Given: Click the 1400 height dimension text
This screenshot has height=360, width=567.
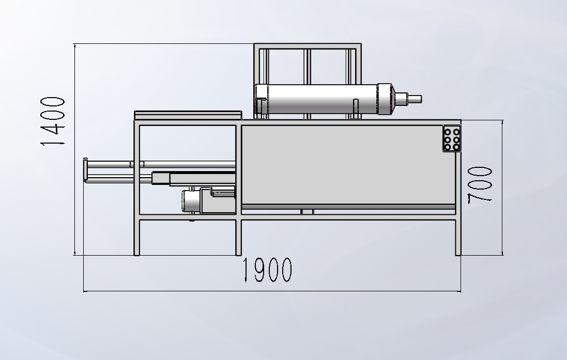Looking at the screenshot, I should tap(53, 121).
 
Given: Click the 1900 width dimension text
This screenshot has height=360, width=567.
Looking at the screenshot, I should tap(267, 270).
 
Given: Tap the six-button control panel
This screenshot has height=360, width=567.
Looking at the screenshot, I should tap(451, 139).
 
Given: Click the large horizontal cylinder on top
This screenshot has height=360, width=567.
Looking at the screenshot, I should tap(320, 99).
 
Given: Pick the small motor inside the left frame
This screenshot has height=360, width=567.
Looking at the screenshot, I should tap(192, 200).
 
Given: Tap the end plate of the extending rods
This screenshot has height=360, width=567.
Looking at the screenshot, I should tap(85, 170).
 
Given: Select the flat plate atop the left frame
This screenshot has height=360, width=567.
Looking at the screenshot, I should tap(188, 114).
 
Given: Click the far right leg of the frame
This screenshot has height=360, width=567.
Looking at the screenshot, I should tap(458, 237).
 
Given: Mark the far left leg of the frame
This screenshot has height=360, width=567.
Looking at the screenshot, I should tap(137, 237).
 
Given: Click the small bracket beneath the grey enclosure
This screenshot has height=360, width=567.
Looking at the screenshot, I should tap(307, 212).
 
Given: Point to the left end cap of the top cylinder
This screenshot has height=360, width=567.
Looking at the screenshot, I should tap(261, 99).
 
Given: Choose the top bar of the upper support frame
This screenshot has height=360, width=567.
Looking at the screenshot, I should tap(308, 46).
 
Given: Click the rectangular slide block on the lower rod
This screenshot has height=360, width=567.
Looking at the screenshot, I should tap(161, 179).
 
